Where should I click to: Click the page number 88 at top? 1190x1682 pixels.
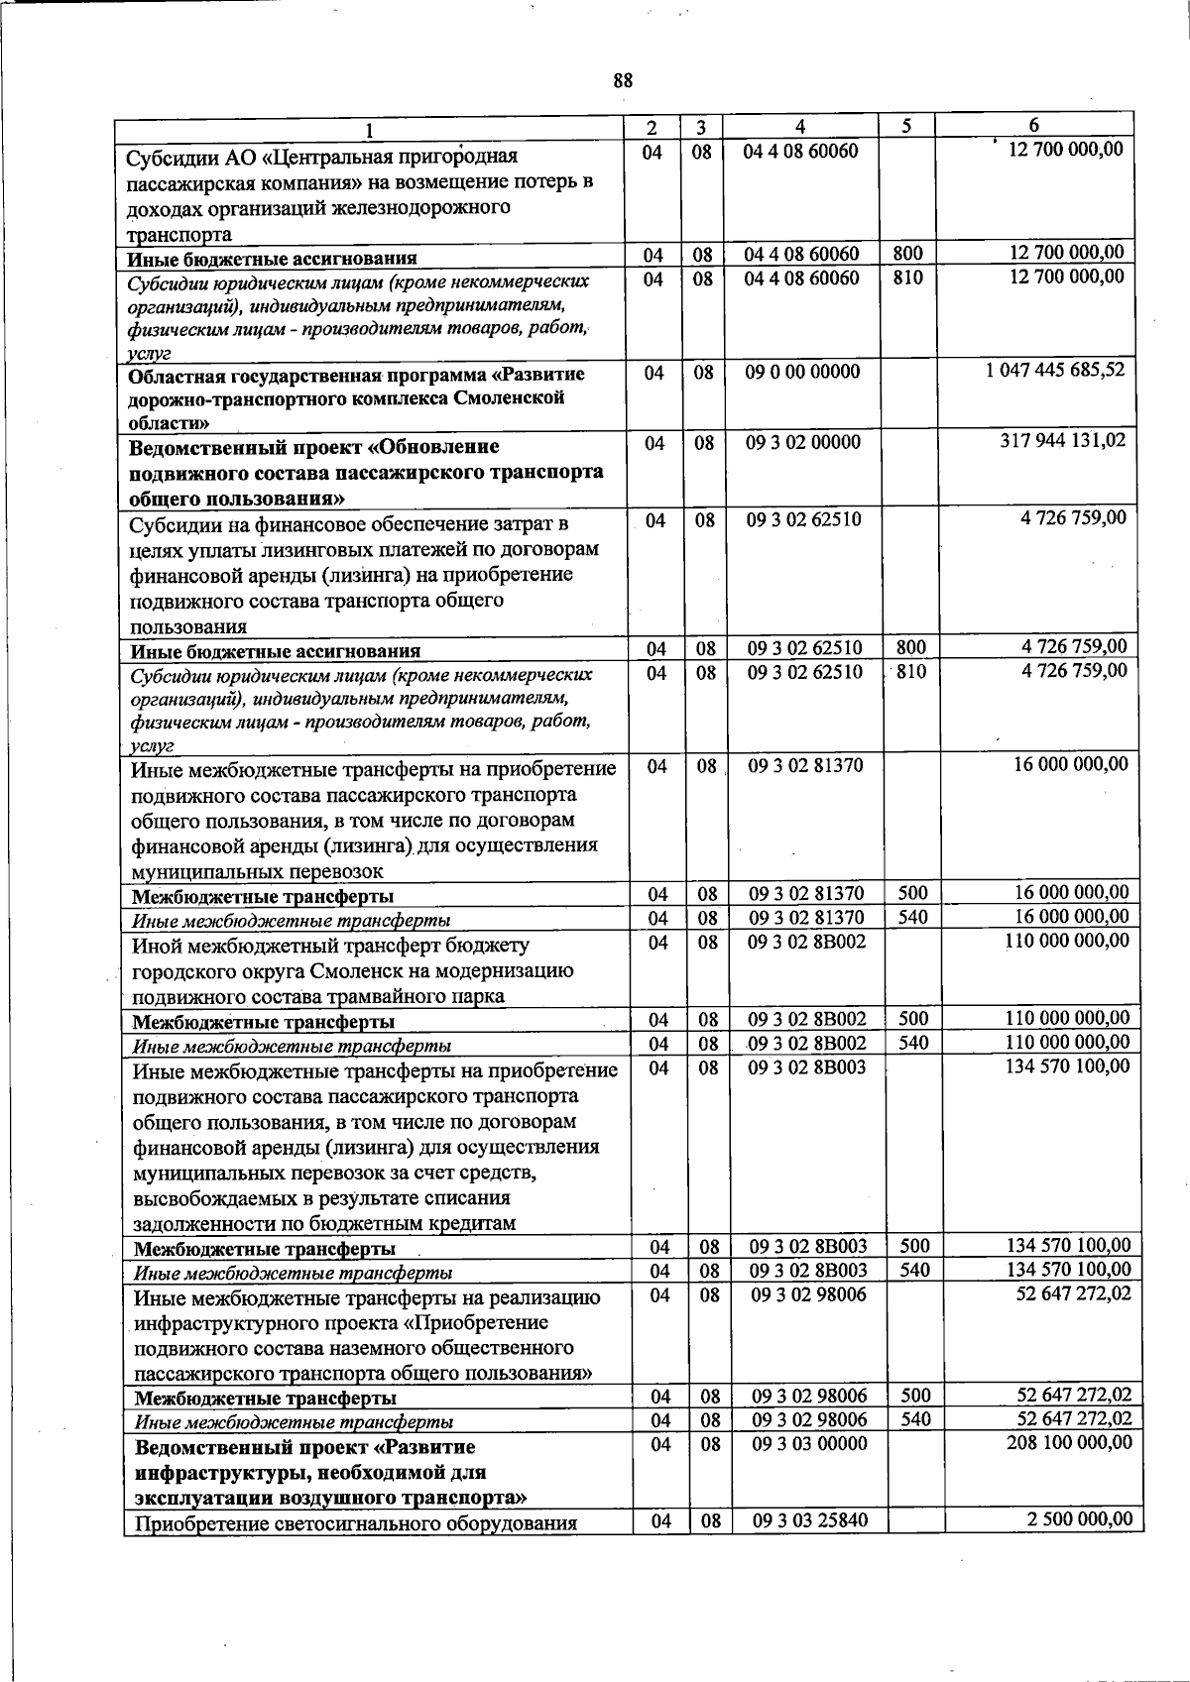623,80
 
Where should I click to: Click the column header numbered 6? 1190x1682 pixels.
1034,126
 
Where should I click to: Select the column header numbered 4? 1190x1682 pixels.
799,127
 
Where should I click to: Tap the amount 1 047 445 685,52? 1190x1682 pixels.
1055,370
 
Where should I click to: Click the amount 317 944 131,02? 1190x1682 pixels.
1063,440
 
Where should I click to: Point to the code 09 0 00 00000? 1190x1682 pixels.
802,372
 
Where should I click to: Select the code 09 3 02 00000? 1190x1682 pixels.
802,442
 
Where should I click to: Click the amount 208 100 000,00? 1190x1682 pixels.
1069,1443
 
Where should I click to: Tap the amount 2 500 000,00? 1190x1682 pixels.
1076,1519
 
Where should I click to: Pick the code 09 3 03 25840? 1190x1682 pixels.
810,1521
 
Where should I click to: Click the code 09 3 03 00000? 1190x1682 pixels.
810,1444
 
